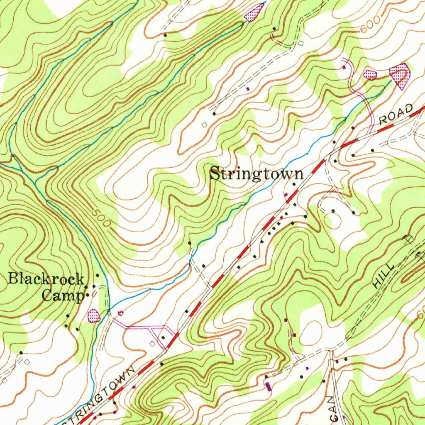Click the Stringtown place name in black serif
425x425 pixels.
(256, 173)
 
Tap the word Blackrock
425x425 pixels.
(46, 279)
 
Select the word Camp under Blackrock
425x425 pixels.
(63, 296)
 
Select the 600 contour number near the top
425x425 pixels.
(369, 27)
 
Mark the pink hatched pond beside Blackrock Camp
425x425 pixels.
(94, 315)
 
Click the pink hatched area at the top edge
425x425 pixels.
(254, 12)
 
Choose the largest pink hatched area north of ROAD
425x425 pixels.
(401, 75)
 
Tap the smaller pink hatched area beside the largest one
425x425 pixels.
(369, 75)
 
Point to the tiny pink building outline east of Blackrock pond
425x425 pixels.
(121, 313)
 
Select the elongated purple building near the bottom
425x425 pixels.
(268, 386)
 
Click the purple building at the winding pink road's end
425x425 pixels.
(344, 67)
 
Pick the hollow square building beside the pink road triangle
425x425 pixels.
(152, 344)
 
